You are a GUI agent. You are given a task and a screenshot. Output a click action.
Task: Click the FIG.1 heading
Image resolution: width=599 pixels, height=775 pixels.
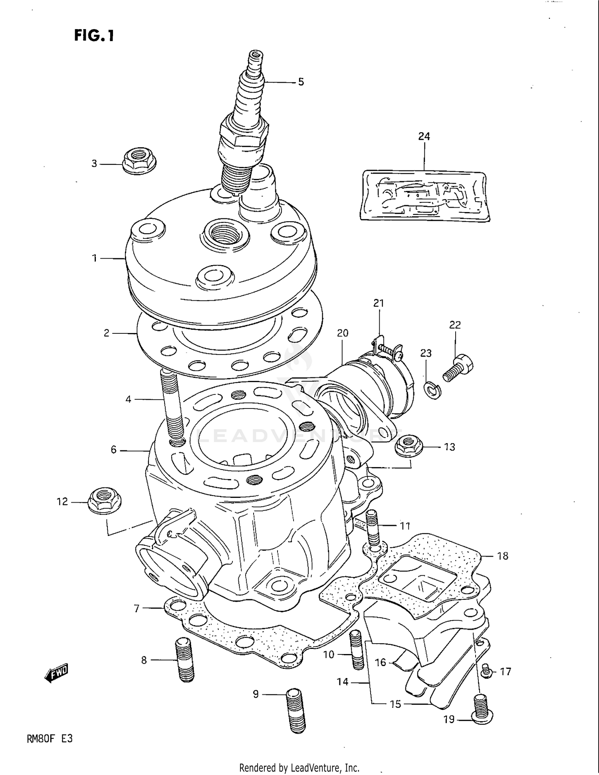[94, 36]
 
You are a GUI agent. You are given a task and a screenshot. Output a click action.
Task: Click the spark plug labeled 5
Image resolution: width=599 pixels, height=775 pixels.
[244, 128]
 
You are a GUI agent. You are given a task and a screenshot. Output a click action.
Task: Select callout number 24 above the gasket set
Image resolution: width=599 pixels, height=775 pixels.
[424, 137]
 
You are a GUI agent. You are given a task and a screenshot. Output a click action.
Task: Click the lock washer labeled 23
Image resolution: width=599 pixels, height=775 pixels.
[432, 389]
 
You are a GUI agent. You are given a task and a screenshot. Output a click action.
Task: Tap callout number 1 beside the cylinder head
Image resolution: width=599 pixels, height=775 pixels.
[95, 258]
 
